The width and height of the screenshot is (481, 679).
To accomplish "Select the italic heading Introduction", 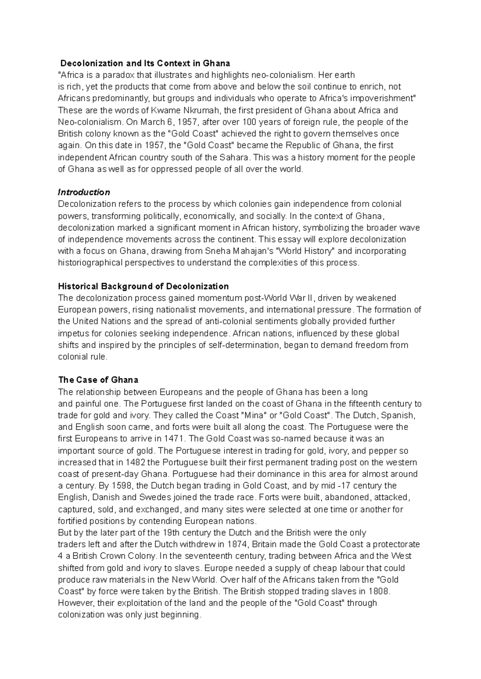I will tap(84, 192).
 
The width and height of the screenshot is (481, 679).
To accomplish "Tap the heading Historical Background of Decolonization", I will tap(143, 286).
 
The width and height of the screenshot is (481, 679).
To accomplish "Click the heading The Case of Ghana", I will tap(98, 380).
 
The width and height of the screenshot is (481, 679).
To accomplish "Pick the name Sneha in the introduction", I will tap(217, 251).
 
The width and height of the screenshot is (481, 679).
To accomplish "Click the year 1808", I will tap(379, 591).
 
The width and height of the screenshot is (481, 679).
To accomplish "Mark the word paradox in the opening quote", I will tap(119, 75).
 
